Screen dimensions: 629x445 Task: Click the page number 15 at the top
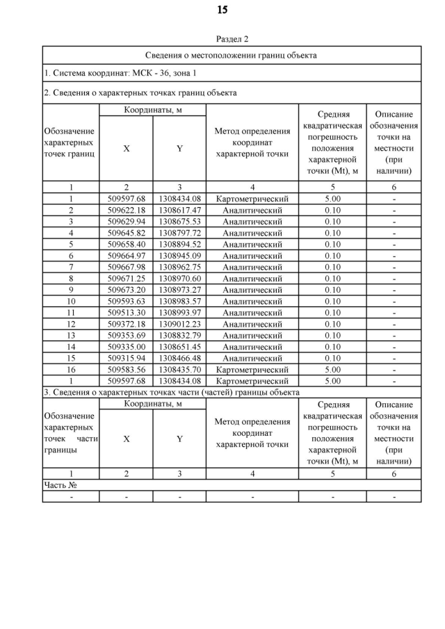pyautogui.click(x=222, y=10)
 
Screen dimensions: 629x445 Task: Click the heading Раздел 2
pyautogui.click(x=232, y=39)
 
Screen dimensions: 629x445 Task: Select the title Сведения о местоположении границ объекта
pyautogui.click(x=232, y=55)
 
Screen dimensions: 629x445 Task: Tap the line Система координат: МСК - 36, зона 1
pyautogui.click(x=120, y=73)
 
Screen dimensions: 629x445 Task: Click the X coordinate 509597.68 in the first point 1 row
pyautogui.click(x=126, y=199)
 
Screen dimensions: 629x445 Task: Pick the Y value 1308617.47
pyautogui.click(x=179, y=210)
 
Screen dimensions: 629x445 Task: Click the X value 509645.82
pyautogui.click(x=126, y=233)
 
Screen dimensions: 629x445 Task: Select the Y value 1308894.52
pyautogui.click(x=179, y=244)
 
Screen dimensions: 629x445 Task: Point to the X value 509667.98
pyautogui.click(x=126, y=267)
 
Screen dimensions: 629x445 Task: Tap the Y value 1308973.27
pyautogui.click(x=179, y=290)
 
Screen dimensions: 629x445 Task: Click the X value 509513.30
pyautogui.click(x=126, y=313)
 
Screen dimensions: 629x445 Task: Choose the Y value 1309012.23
pyautogui.click(x=179, y=324)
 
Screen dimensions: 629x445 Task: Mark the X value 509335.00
pyautogui.click(x=126, y=347)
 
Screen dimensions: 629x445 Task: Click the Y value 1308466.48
pyautogui.click(x=179, y=358)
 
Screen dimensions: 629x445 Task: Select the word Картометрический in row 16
pyautogui.click(x=252, y=370)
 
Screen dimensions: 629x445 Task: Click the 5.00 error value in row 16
pyautogui.click(x=332, y=370)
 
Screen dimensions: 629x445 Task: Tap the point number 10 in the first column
pyautogui.click(x=70, y=301)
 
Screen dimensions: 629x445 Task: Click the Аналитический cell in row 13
pyautogui.click(x=252, y=336)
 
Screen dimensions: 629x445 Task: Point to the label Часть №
pyautogui.click(x=60, y=485)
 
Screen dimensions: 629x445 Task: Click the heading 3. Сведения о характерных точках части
pyautogui.click(x=171, y=393)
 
